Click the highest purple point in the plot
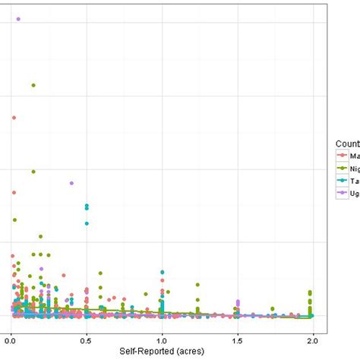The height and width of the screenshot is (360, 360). (x=18, y=19)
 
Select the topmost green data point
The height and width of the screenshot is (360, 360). (x=33, y=85)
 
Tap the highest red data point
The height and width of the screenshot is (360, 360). (x=14, y=118)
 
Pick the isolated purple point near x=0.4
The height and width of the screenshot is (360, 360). (x=71, y=183)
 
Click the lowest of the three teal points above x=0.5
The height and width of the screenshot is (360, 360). (x=87, y=223)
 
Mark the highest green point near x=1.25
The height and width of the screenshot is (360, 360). (x=197, y=286)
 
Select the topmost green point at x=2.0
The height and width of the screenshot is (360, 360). (x=310, y=292)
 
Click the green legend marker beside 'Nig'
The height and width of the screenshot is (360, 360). (x=343, y=168)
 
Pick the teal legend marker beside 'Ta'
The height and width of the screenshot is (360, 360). (x=343, y=181)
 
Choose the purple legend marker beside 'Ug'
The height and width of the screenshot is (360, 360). (x=343, y=194)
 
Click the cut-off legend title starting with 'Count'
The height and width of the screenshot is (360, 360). (x=347, y=143)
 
